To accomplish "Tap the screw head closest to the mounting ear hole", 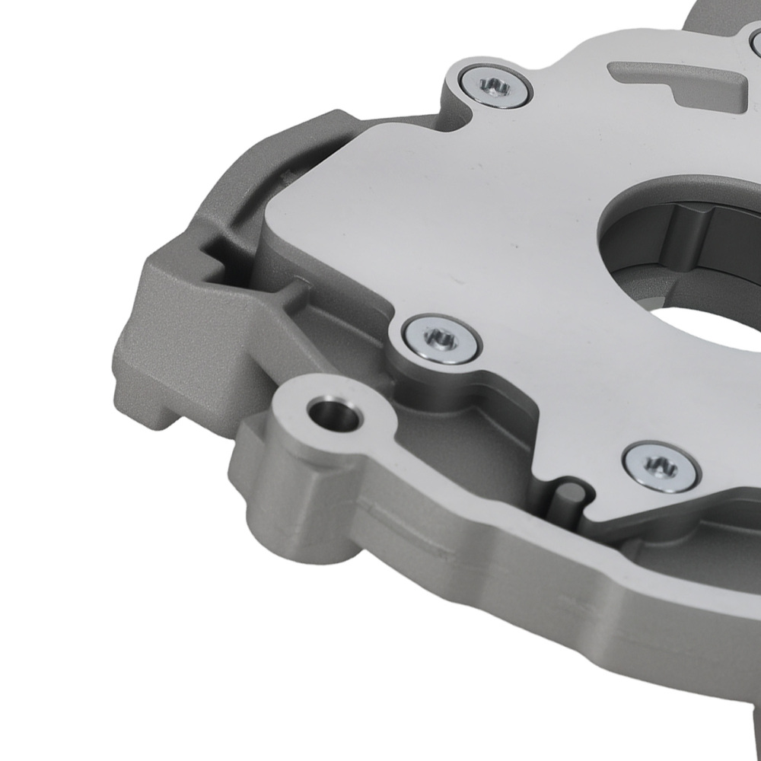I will pos(441,339).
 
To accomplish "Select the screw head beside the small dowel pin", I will pos(660,466).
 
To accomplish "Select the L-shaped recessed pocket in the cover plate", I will pos(670,80).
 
